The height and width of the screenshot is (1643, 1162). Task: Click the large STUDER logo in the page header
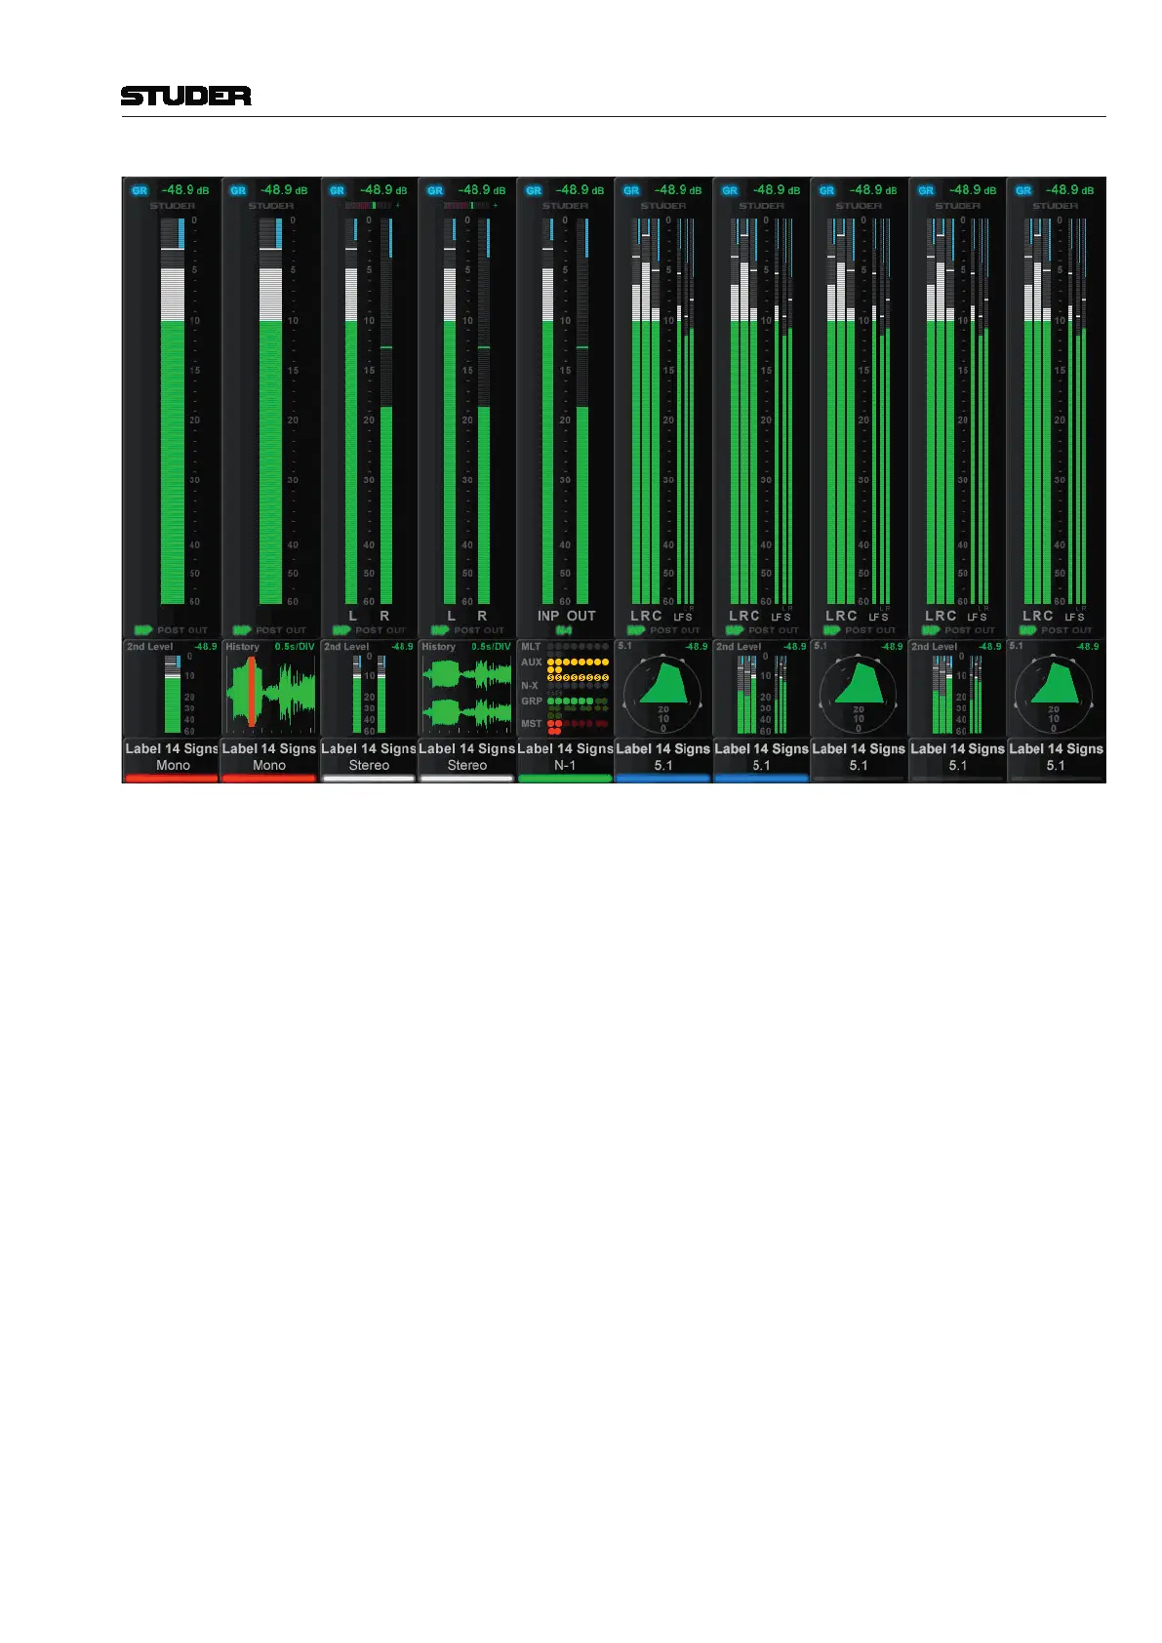tap(185, 96)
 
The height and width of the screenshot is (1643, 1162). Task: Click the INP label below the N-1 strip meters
tap(548, 616)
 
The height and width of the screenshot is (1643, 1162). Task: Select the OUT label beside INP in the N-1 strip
tap(581, 616)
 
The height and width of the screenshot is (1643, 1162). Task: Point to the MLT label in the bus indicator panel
tap(531, 647)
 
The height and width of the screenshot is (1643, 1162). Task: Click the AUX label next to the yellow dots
tap(531, 661)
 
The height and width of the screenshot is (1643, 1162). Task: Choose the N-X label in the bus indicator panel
tap(530, 686)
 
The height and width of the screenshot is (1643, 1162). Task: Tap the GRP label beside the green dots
tap(531, 701)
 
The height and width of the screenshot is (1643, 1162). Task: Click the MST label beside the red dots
tap(531, 724)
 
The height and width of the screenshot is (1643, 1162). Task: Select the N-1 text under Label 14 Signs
tap(565, 766)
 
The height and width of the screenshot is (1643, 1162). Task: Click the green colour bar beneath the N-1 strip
tap(565, 779)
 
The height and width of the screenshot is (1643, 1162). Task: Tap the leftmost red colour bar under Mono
tap(172, 779)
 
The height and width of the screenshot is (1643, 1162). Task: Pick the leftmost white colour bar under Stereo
tap(369, 779)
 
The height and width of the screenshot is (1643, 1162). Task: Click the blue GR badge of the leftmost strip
tap(140, 190)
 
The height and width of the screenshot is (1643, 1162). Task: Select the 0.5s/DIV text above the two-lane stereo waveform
tap(491, 647)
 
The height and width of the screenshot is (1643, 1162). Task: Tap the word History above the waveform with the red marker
tap(242, 647)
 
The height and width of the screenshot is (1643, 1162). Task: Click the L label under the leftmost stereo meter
tap(353, 616)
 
